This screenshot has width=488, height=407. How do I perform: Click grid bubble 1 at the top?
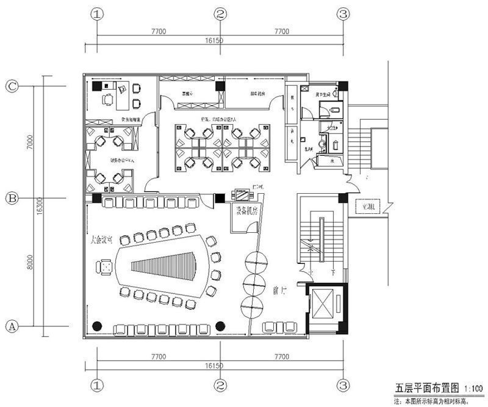point(96,14)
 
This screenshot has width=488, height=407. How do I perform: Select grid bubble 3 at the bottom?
point(344,386)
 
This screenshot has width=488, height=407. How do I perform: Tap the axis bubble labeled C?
point(11,86)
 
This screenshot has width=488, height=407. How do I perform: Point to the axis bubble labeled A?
point(11,326)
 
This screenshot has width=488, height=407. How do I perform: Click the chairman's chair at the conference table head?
point(105,266)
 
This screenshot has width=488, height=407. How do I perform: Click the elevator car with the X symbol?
point(324,304)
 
